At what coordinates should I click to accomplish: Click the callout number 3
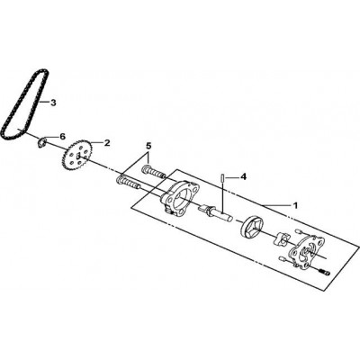tap(53, 103)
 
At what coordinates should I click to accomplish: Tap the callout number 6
tap(62, 137)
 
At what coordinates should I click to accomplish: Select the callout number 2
tap(107, 143)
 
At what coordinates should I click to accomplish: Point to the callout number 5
tap(148, 146)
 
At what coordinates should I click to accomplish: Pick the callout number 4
tap(244, 177)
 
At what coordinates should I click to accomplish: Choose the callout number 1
tap(295, 206)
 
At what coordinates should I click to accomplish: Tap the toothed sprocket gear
tap(78, 156)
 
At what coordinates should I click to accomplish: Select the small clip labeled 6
tap(42, 142)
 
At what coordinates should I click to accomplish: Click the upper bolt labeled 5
tap(154, 172)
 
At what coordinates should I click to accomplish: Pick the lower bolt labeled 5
tap(128, 183)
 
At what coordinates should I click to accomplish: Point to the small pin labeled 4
tap(223, 177)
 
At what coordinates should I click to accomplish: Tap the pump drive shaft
tap(216, 211)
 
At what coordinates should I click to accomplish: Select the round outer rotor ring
tap(252, 228)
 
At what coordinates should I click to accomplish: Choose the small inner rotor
tap(282, 238)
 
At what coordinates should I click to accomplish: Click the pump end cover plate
tap(307, 250)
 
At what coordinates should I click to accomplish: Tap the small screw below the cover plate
tap(325, 272)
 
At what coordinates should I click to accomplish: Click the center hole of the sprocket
tap(78, 156)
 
